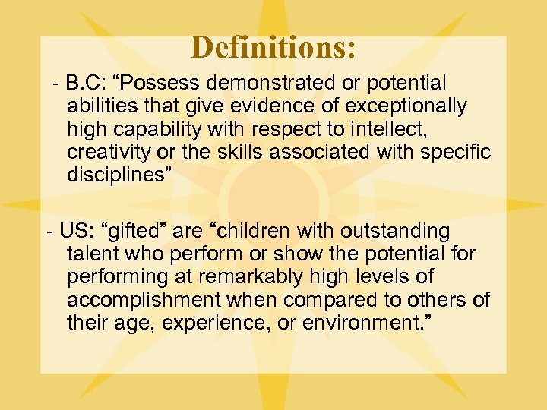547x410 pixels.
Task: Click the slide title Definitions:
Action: [273, 47]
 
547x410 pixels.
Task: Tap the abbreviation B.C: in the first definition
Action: [86, 82]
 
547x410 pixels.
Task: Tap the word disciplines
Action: [117, 175]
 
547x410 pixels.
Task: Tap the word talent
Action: [92, 254]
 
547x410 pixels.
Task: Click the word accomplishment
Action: [144, 300]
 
